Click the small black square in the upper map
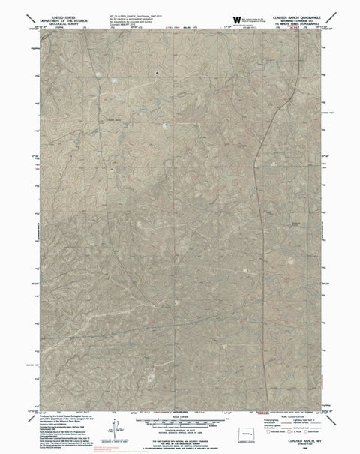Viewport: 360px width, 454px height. pos(156,72)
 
